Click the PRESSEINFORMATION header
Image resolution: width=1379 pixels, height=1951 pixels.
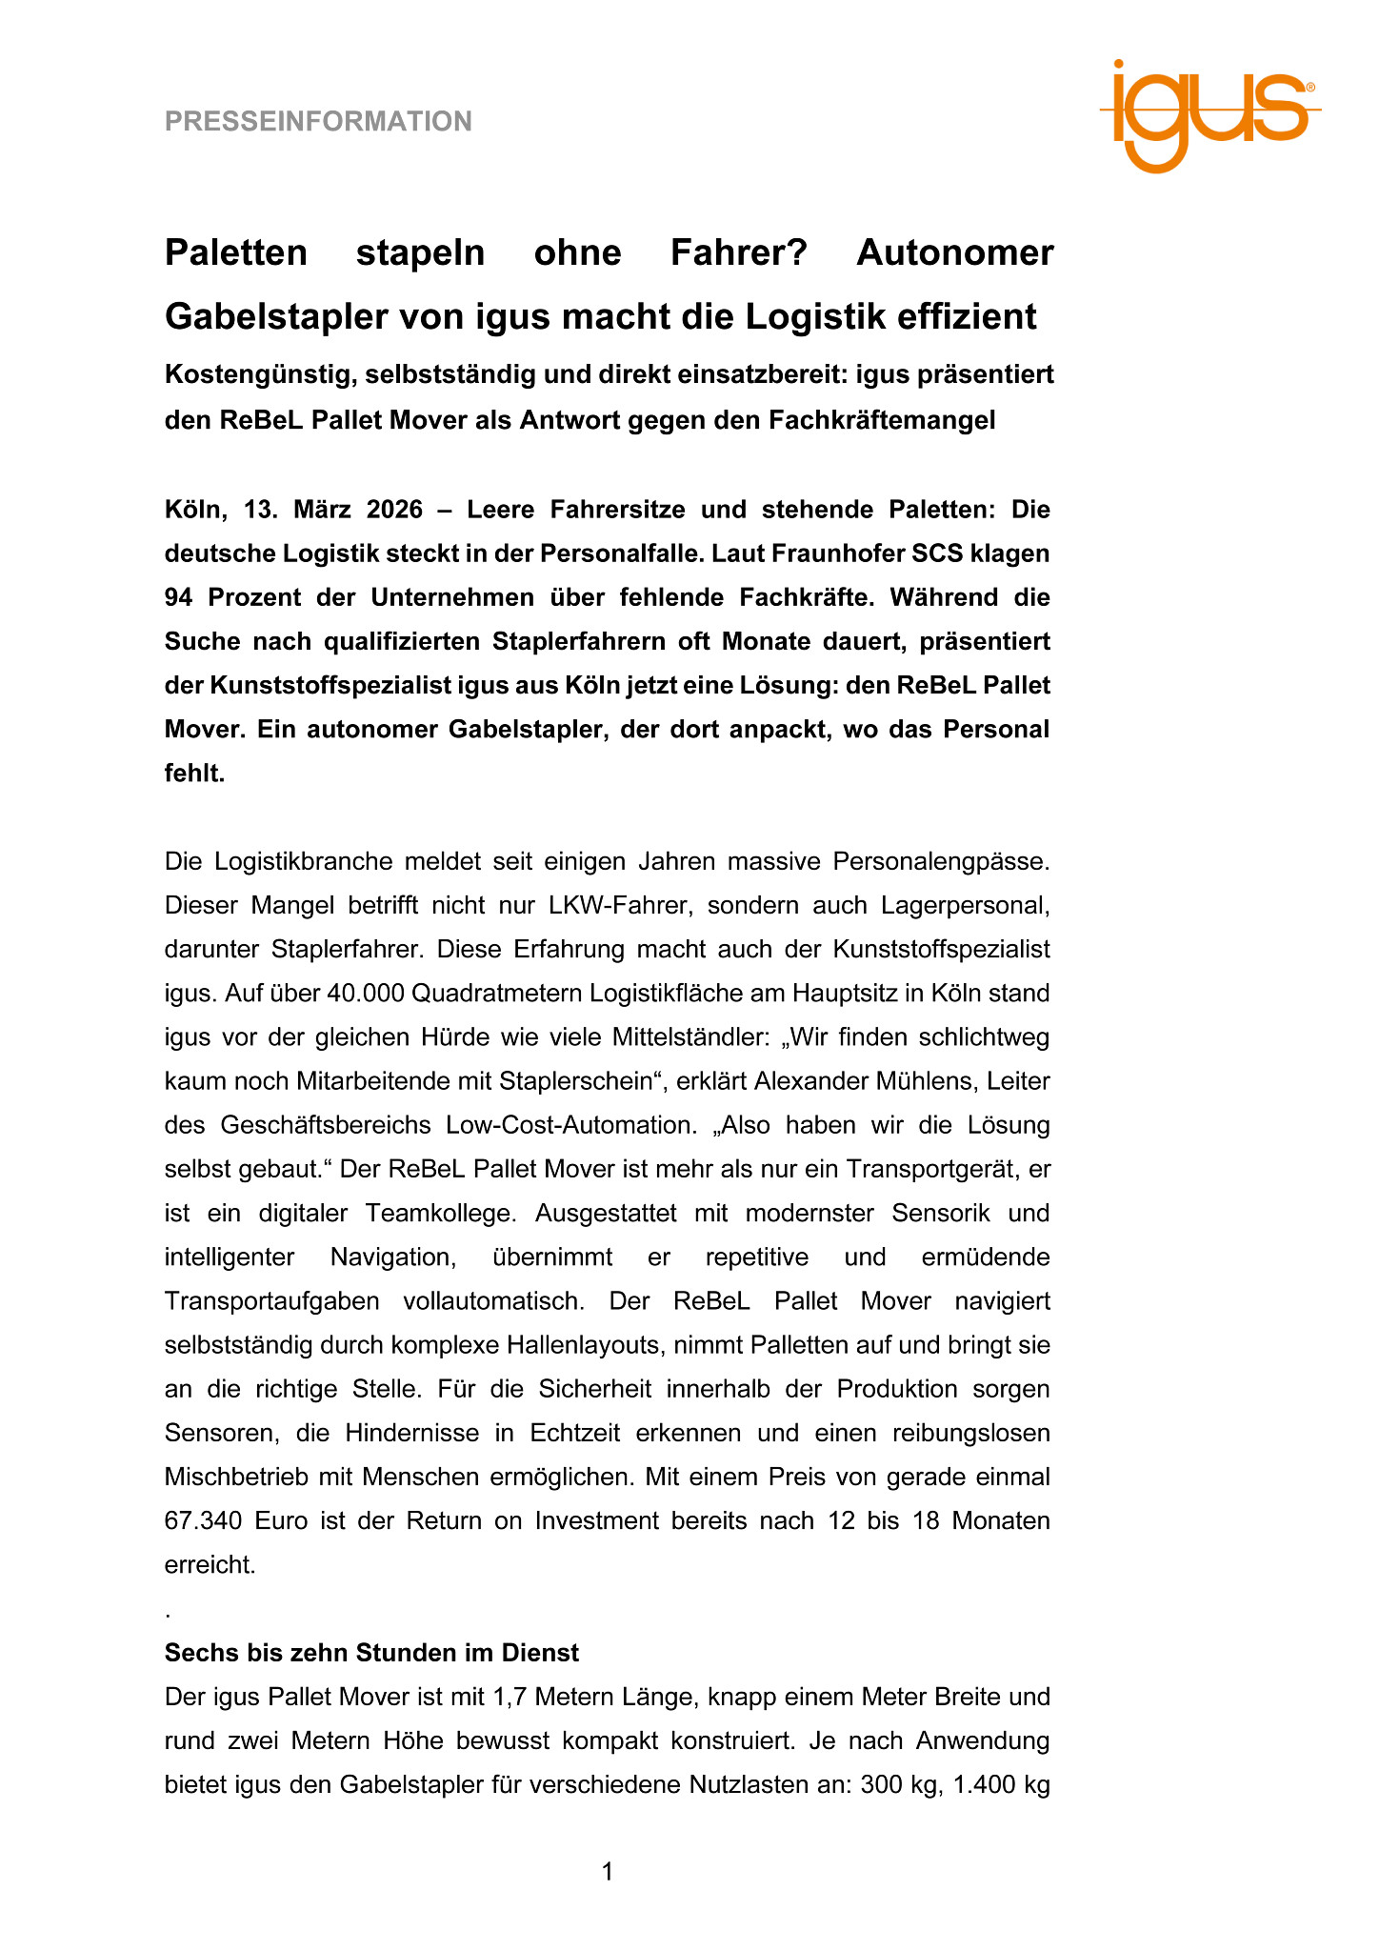coord(318,122)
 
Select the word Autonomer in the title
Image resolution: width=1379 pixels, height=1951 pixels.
coord(954,253)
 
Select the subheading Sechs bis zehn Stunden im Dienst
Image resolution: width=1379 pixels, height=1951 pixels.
coord(371,1652)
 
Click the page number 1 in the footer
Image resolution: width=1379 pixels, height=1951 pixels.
coord(608,1872)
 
